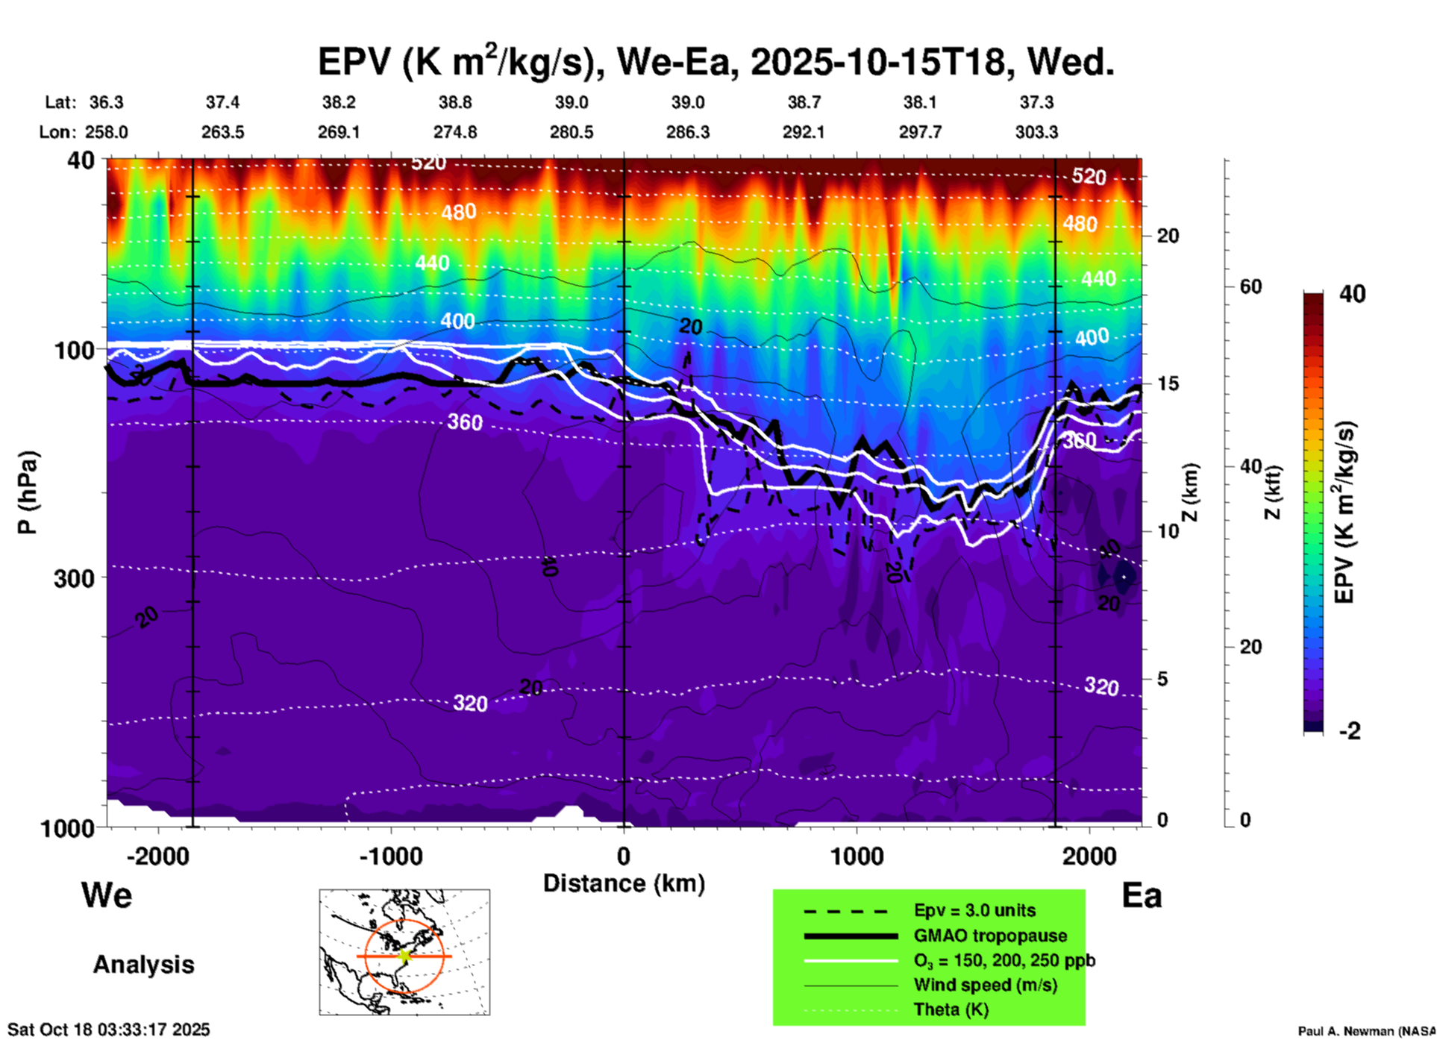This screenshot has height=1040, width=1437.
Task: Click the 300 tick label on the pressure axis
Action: coord(74,578)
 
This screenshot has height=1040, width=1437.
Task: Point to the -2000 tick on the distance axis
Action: coord(158,856)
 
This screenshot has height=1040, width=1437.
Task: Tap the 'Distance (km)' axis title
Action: coord(624,883)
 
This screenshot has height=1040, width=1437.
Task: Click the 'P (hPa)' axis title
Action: coord(27,492)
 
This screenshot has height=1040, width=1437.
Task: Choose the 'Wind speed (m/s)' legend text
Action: coord(985,985)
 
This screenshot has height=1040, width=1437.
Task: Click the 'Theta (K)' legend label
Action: coord(951,1009)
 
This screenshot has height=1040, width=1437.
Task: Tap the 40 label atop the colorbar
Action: coord(1352,294)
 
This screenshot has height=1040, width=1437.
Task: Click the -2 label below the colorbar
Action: coord(1350,731)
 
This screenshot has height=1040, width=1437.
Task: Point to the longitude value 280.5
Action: coord(572,132)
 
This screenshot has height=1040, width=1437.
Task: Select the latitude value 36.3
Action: coord(107,102)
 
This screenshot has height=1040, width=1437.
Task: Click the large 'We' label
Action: coord(107,895)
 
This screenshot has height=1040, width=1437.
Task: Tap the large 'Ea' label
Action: coord(1142,895)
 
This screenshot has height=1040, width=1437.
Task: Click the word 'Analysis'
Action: coord(143,965)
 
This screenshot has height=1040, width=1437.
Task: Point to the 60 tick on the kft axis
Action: coord(1250,286)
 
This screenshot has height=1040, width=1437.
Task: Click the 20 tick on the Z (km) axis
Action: coord(1168,236)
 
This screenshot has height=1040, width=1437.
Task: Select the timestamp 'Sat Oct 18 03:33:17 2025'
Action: coord(109,1030)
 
